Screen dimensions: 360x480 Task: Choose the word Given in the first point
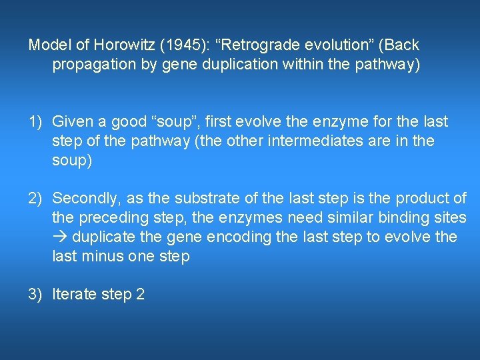71,122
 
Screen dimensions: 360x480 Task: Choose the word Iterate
73,294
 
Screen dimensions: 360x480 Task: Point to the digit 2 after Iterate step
140,294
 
